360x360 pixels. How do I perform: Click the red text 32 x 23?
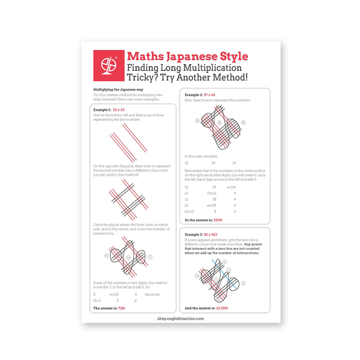click(119, 109)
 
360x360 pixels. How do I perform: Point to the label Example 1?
click(102, 109)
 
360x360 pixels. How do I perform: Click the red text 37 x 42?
click(211, 95)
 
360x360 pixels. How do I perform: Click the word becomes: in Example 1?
click(153, 294)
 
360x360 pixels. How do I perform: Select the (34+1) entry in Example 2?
click(211, 192)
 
